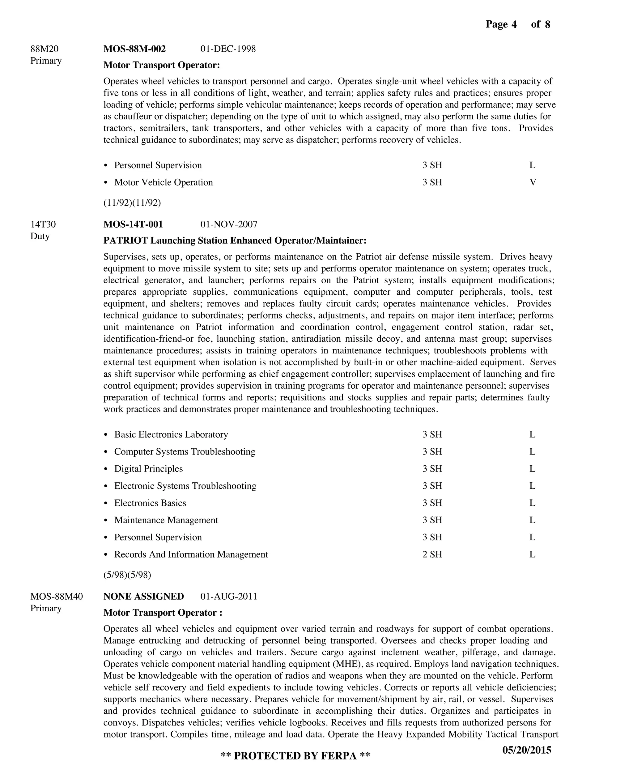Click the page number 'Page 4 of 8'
517,24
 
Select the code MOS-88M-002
134,49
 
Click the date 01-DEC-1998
228,49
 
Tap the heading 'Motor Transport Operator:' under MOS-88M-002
162,65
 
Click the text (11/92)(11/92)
132,203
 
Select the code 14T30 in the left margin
43,224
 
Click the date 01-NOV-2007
229,224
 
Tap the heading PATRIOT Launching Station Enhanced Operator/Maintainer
235,241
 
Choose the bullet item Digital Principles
148,469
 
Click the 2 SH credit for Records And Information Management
432,554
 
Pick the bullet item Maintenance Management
166,520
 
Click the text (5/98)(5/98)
127,575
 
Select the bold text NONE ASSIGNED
144,597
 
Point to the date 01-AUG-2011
229,597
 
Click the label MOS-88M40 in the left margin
57,597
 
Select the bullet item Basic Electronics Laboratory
171,434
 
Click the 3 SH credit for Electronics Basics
432,503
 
